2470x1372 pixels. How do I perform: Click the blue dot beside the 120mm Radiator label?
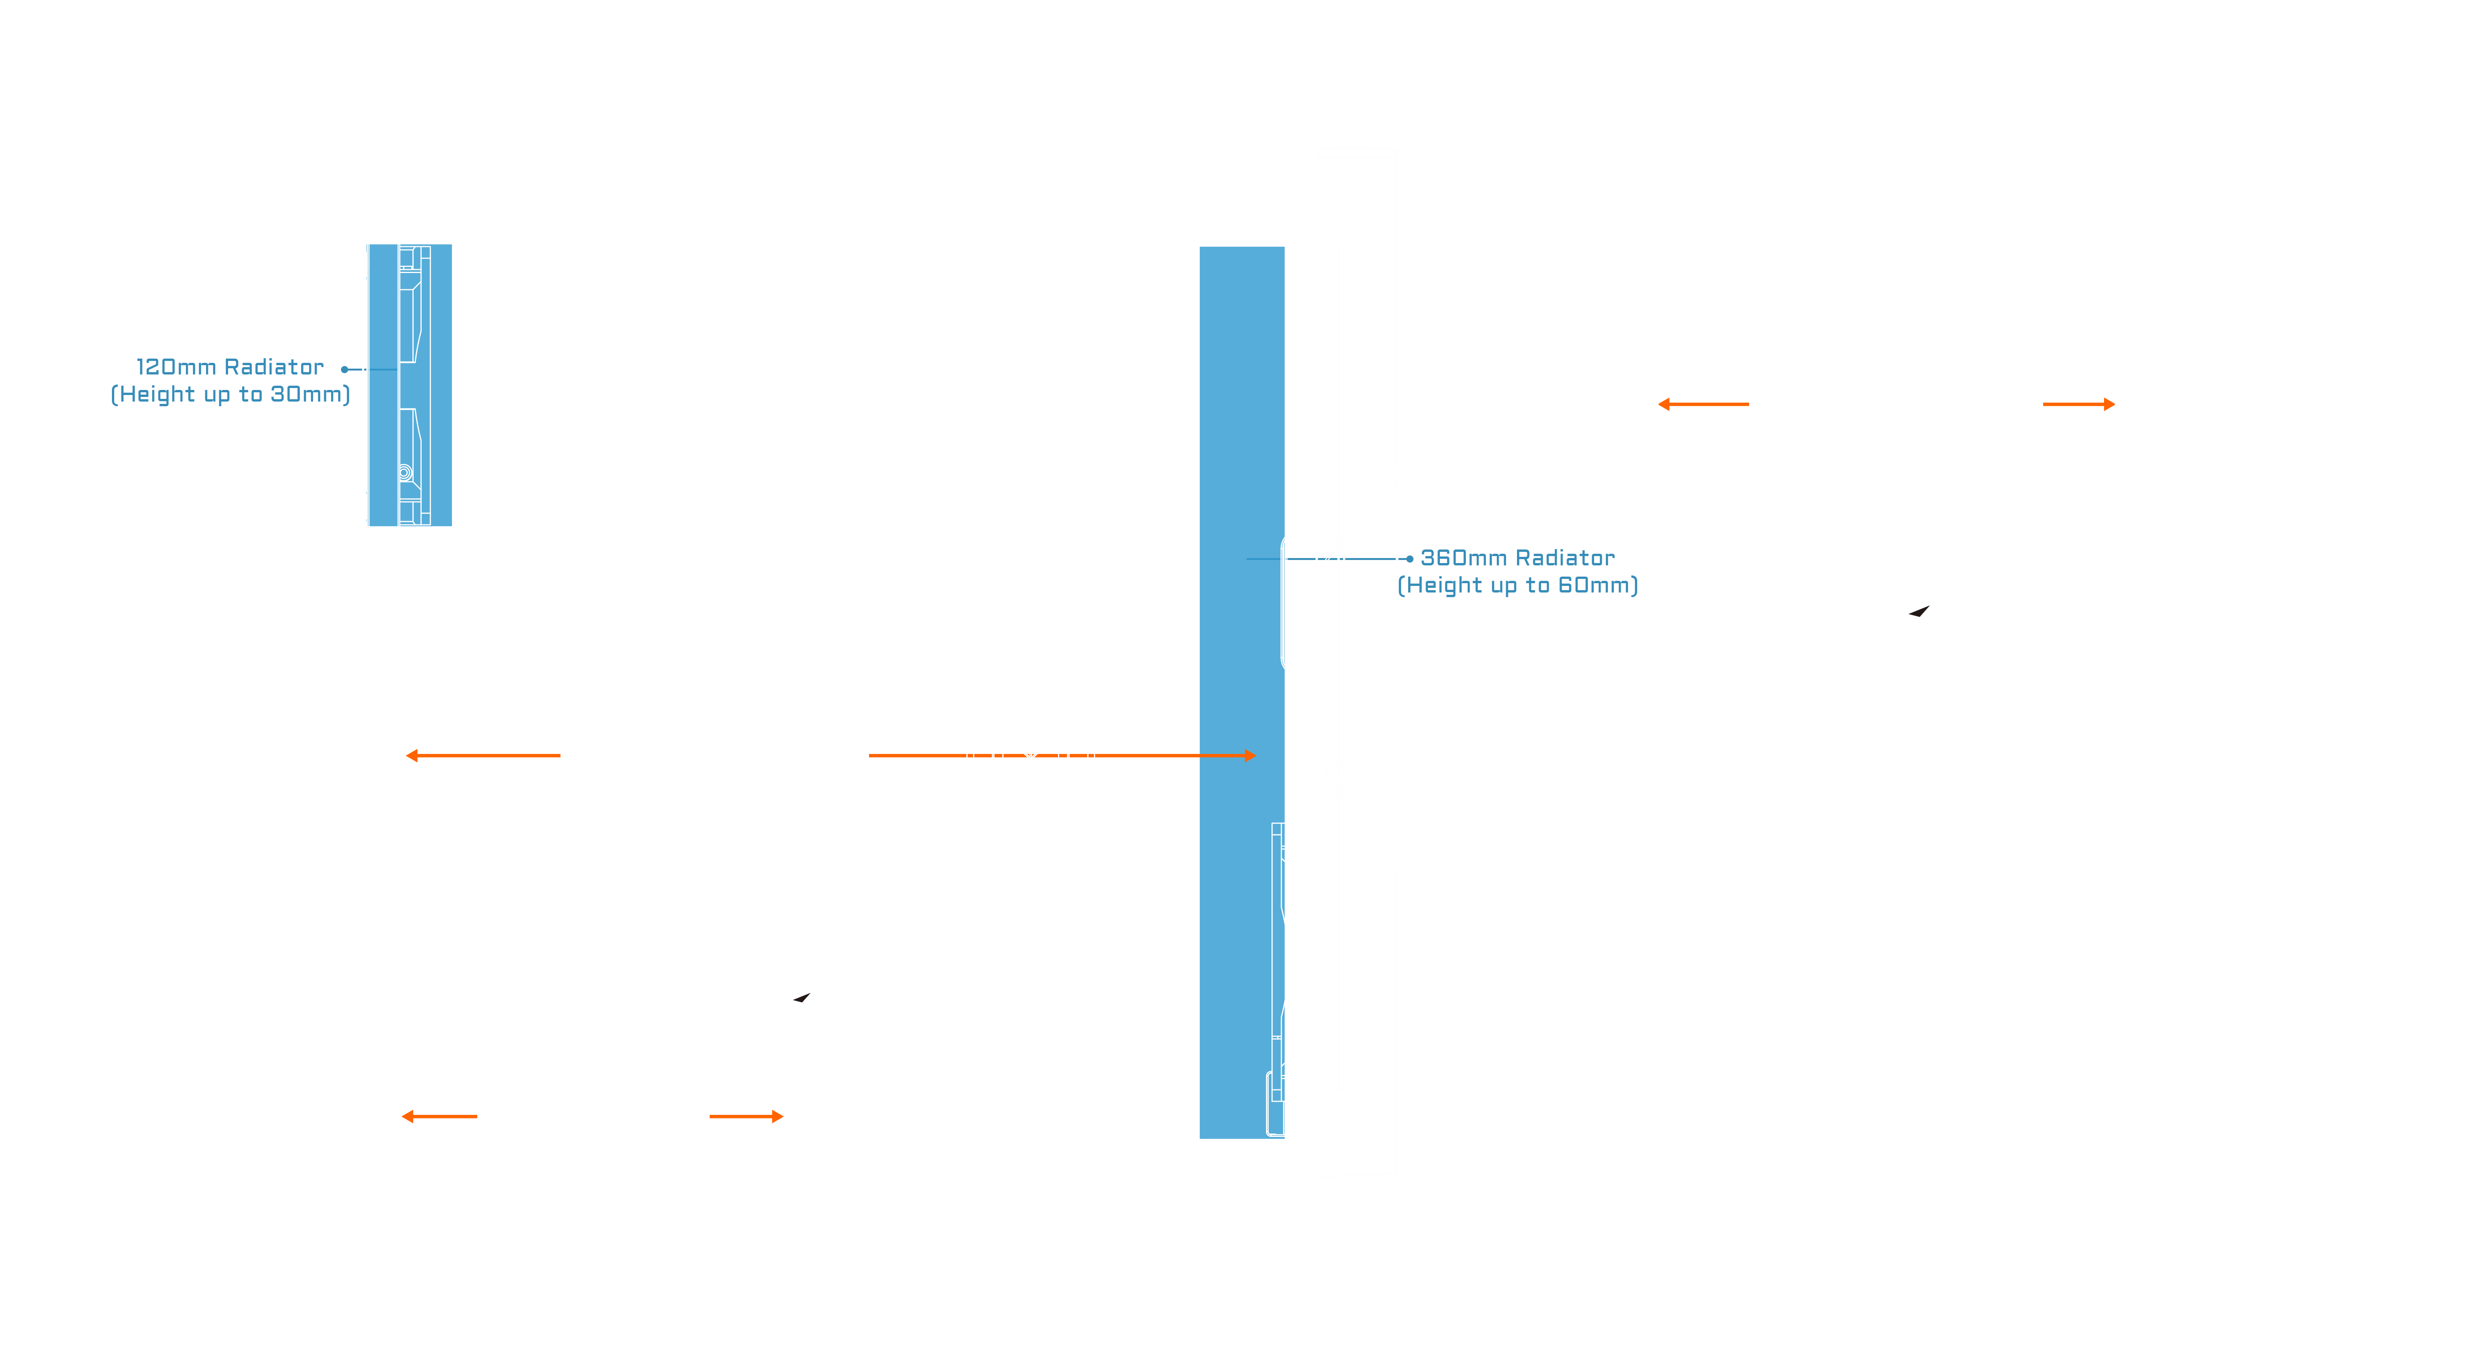click(x=344, y=369)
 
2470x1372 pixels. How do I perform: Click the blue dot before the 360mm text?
click(x=1410, y=558)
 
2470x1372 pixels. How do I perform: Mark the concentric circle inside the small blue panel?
click(x=405, y=473)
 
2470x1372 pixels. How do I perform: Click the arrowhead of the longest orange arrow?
click(x=1249, y=756)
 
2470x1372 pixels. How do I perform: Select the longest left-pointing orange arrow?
click(x=483, y=756)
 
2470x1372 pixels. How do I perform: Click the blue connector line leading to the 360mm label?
click(x=1342, y=558)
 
